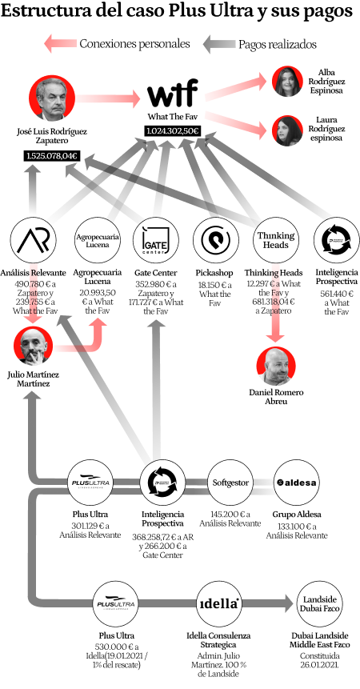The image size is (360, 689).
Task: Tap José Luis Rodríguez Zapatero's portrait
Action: tap(52, 98)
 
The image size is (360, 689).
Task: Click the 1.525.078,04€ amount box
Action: tap(52, 155)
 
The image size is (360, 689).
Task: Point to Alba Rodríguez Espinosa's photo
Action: tap(287, 82)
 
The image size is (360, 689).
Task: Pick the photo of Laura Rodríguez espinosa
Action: tap(287, 130)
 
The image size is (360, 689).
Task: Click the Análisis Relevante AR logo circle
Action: tap(34, 240)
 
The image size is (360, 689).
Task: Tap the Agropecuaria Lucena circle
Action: tap(98, 240)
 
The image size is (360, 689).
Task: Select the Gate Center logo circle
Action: tap(155, 240)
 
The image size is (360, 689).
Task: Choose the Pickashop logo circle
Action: tap(215, 240)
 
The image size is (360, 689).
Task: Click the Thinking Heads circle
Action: tap(276, 240)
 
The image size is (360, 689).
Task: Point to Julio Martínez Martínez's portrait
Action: tap(34, 347)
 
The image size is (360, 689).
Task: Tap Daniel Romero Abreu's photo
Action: tap(276, 367)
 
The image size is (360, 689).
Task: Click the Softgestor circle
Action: tap(230, 483)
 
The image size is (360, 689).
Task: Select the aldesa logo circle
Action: tap(297, 483)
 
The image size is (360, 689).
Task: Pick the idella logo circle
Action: tap(218, 604)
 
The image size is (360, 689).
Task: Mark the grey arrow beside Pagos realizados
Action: tap(218, 44)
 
